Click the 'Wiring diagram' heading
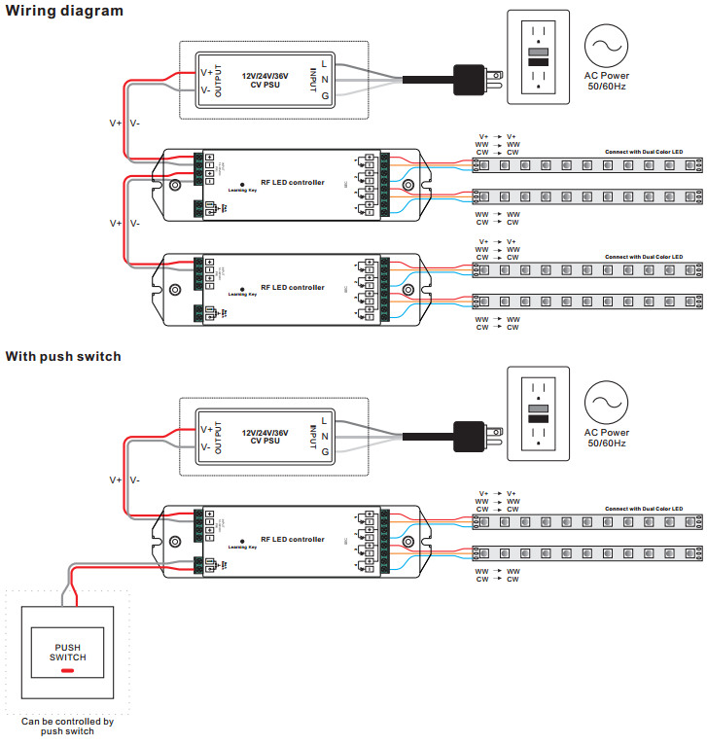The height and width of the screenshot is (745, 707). pos(64,11)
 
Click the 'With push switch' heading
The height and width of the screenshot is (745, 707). pos(63,357)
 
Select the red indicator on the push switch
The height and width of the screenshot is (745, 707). pos(68,670)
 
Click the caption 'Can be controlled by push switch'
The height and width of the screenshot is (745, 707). pos(67,727)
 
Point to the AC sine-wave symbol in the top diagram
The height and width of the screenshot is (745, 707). pos(606,47)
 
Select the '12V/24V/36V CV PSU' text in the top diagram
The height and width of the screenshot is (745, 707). pos(265,79)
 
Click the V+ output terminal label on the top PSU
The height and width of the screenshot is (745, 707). pos(206,72)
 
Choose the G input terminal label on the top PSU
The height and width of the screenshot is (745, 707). pos(325,95)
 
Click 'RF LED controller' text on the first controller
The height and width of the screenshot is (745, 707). pos(293,183)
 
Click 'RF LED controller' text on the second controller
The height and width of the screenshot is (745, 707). pos(293,288)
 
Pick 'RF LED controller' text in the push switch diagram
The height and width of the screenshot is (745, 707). pos(293,540)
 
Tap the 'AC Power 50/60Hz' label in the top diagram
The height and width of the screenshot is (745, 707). pos(606,82)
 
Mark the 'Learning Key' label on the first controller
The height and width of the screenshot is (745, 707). pos(242,191)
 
